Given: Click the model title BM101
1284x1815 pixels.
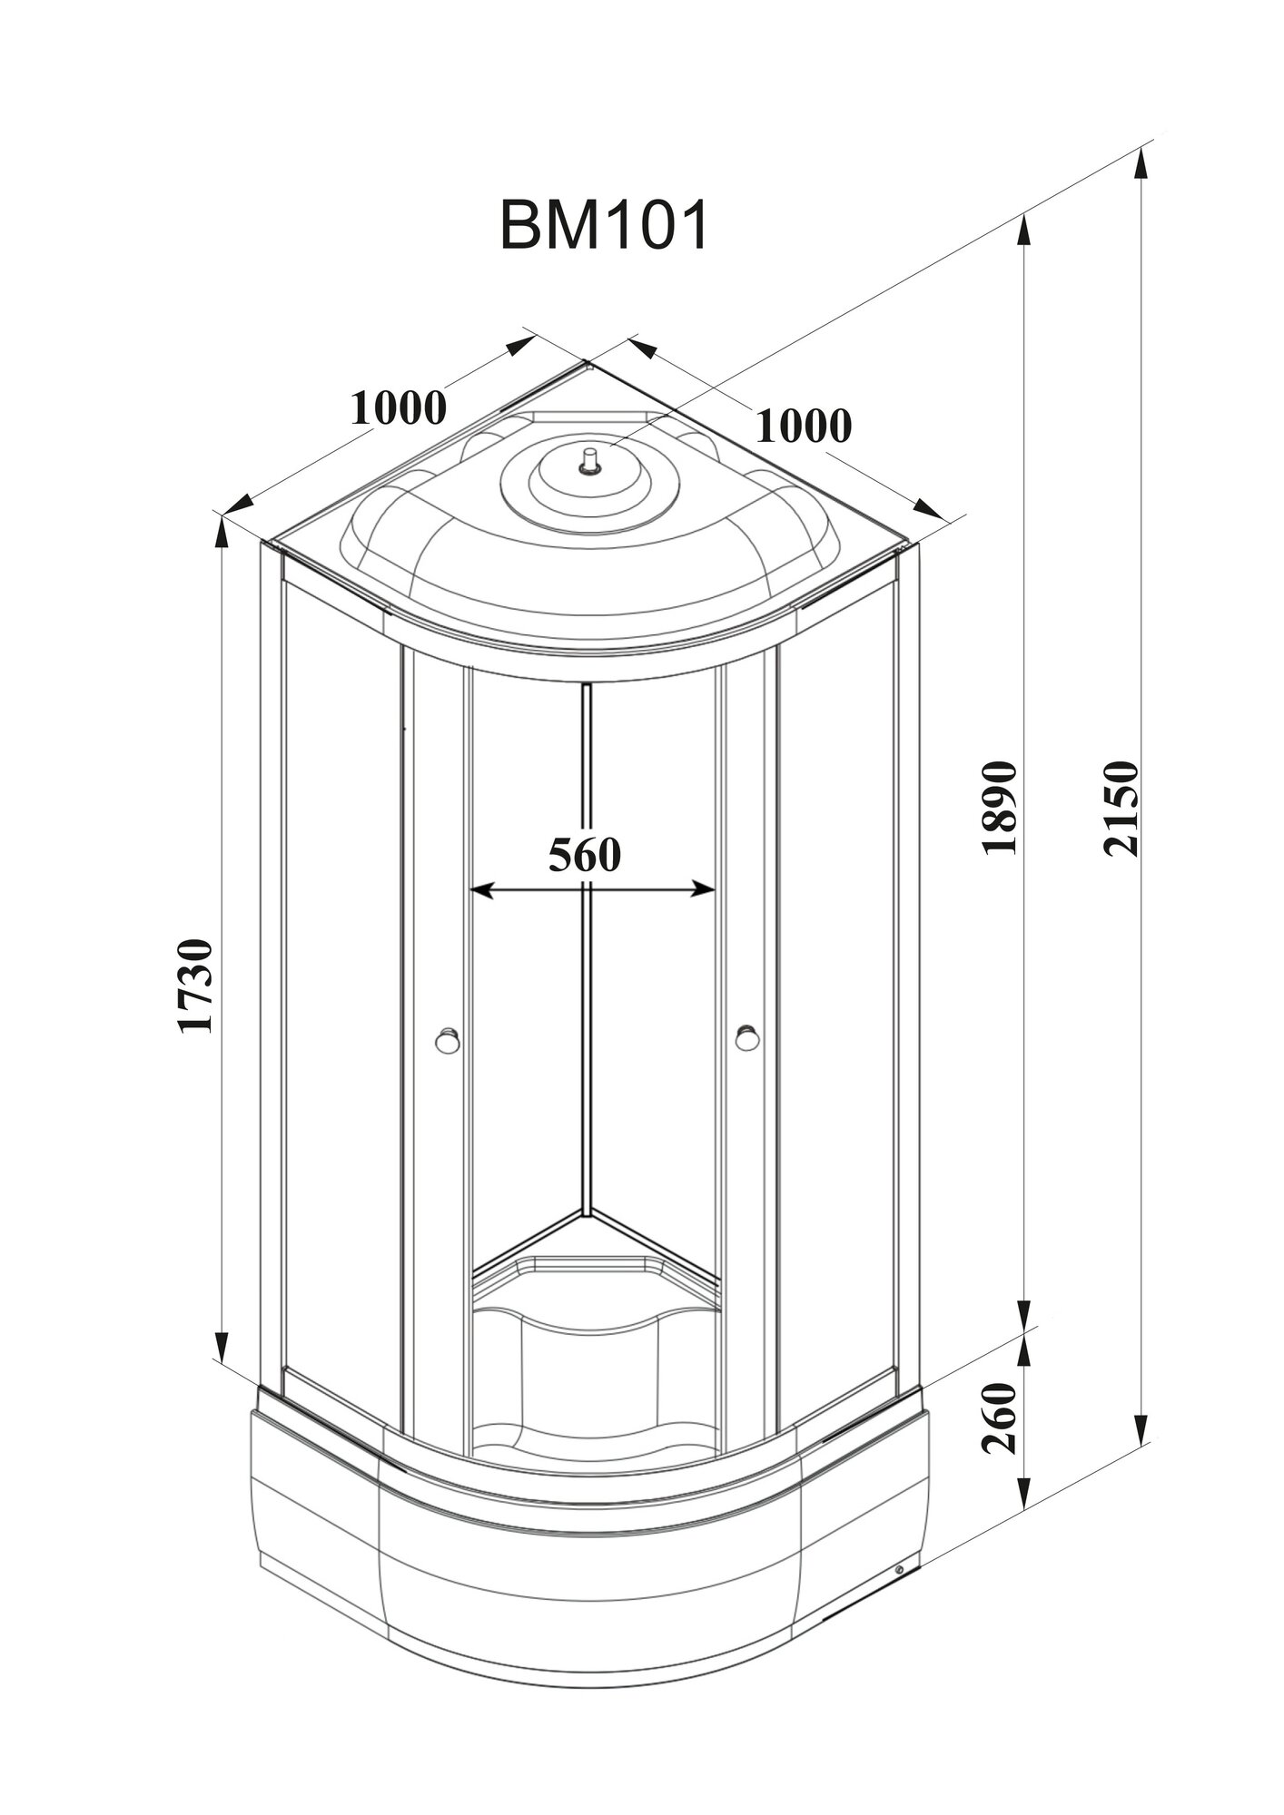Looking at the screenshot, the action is pos(604,227).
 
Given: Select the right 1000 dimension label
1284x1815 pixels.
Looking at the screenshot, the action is pos(804,425).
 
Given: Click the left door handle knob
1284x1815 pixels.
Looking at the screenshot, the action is pos(448,1039).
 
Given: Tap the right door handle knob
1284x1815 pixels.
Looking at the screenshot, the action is pos(746,1036).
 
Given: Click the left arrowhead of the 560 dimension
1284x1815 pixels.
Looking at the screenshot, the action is pos(479,890).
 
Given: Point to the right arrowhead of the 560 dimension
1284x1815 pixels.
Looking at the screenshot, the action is pos(706,890).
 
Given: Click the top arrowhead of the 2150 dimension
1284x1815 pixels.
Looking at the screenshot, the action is pos(1141,163).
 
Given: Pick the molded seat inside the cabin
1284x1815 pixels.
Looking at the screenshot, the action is pos(595,1361).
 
